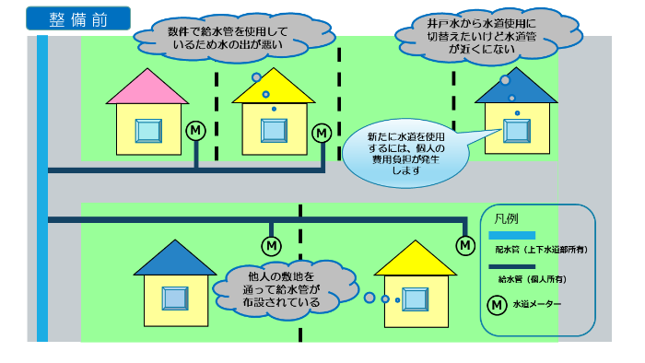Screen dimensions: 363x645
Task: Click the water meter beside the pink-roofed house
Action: pyautogui.click(x=196, y=132)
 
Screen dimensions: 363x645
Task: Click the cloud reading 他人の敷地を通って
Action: pyautogui.click(x=276, y=288)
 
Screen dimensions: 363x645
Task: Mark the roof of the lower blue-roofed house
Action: pyautogui.click(x=175, y=259)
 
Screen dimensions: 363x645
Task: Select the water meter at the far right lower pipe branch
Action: pyautogui.click(x=465, y=245)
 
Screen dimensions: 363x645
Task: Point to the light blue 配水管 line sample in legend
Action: pyautogui.click(x=510, y=237)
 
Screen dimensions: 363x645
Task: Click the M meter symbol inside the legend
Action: pyautogui.click(x=496, y=304)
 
